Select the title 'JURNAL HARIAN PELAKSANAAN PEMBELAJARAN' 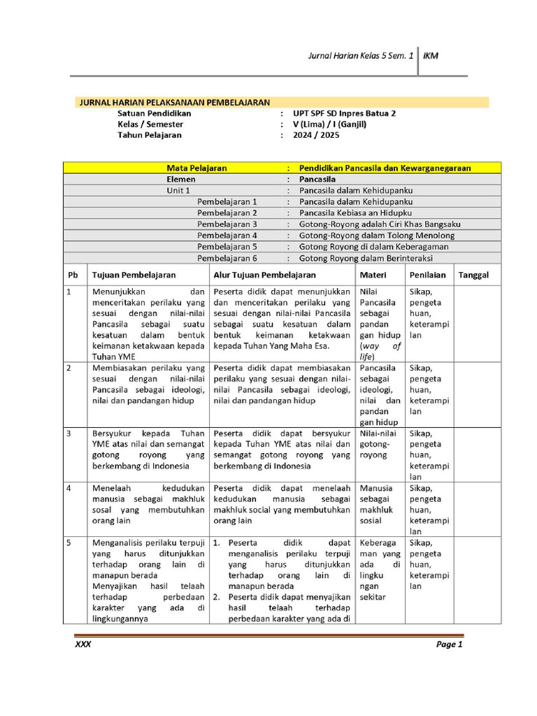(x=173, y=102)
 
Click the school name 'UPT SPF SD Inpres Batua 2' (x=344, y=113)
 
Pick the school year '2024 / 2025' (x=316, y=136)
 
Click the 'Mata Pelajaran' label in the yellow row (x=196, y=169)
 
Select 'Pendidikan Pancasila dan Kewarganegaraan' (x=385, y=169)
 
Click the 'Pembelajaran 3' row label (x=227, y=224)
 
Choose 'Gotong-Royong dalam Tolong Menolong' (x=376, y=236)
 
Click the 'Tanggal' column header (x=473, y=275)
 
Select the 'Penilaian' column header (x=428, y=275)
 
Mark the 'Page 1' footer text (x=449, y=645)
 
